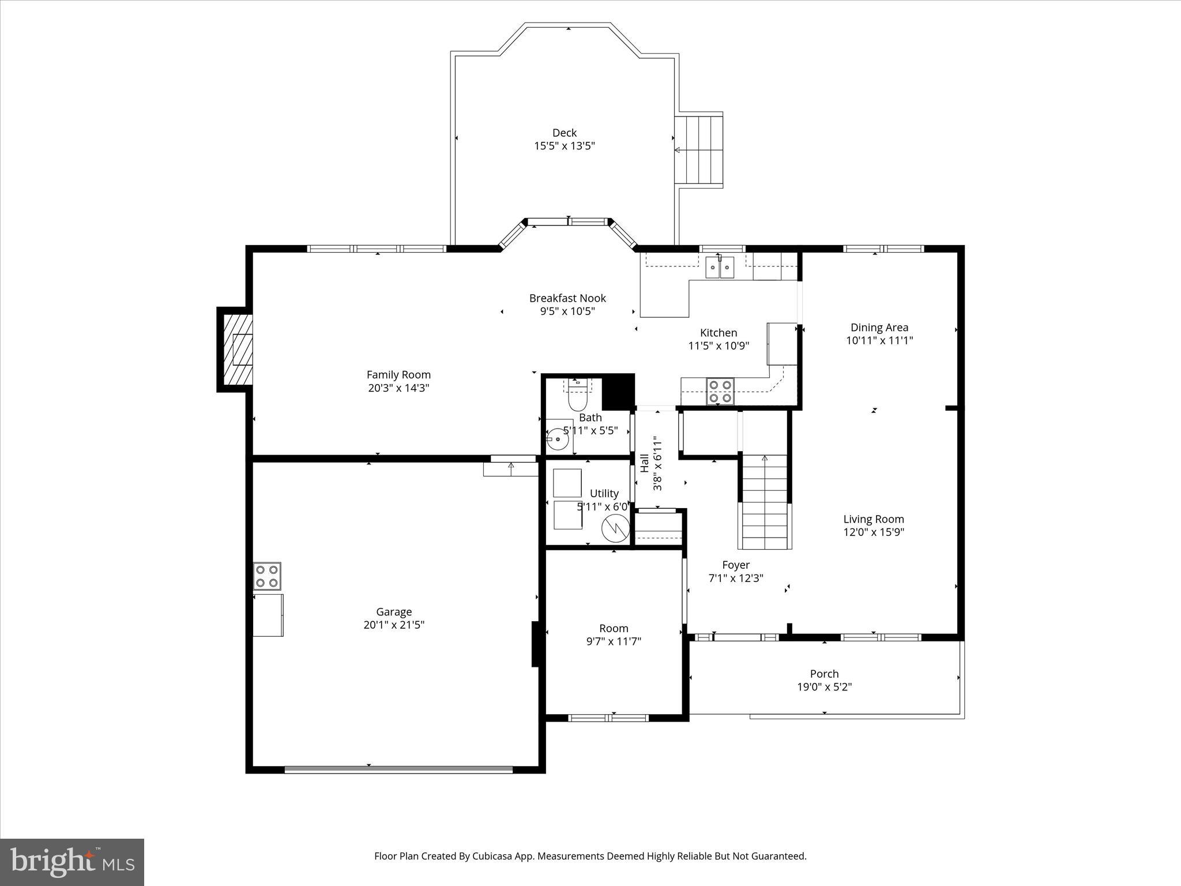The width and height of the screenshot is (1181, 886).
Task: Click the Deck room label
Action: coord(564,133)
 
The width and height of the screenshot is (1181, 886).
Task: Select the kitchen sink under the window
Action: coord(720,268)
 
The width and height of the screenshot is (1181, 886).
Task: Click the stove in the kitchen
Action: coord(720,391)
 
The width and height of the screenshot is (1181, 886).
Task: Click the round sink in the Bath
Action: coord(558,440)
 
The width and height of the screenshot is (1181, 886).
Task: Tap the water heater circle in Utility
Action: coord(615,528)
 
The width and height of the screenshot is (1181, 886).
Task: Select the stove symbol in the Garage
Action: coord(267,576)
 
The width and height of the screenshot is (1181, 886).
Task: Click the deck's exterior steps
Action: coord(699,150)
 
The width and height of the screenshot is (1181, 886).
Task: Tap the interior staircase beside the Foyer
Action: coord(765,502)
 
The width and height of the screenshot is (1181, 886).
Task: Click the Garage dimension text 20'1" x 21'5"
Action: coord(394,625)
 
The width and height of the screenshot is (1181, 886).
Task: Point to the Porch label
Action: coord(824,674)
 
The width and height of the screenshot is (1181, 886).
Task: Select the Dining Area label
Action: coord(879,327)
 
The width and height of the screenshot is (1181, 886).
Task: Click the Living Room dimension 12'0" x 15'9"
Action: coord(873,532)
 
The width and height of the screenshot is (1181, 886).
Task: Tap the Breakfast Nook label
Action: coord(567,298)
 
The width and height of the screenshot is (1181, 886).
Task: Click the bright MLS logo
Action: coord(72,862)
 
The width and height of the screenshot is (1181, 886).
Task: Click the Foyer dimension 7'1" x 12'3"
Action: coord(735,578)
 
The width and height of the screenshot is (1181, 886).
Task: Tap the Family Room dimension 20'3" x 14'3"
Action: coord(398,388)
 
